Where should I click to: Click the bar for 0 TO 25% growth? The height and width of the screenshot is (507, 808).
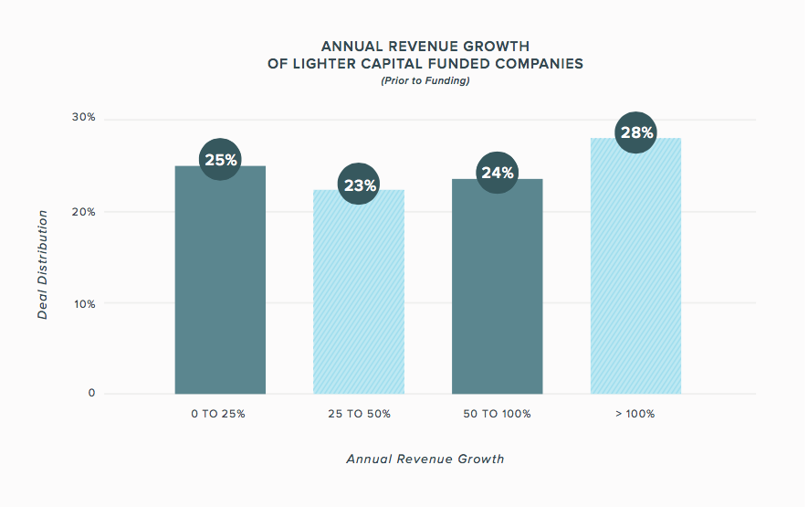(x=220, y=280)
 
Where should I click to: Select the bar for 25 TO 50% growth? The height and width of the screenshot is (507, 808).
(x=359, y=292)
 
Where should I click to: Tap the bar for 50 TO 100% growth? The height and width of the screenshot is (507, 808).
(x=498, y=286)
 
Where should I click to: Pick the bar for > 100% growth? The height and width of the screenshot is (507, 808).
(x=635, y=266)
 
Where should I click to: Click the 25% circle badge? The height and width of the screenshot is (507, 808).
(x=220, y=160)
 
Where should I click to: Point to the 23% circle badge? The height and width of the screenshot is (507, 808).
(x=359, y=185)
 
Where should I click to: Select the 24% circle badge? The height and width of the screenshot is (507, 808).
(x=498, y=173)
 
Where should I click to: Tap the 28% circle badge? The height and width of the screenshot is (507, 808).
(x=635, y=132)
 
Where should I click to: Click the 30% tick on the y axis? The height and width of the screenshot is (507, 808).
(x=83, y=118)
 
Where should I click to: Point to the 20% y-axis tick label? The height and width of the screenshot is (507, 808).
(x=83, y=212)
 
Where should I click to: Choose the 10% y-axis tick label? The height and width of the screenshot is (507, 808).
(x=84, y=304)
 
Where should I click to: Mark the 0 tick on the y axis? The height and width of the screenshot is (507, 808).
(x=91, y=393)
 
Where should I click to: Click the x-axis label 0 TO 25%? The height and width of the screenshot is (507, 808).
(x=218, y=414)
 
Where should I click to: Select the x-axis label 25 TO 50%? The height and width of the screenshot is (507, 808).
(x=359, y=414)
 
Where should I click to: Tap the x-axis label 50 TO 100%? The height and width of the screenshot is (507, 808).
(x=497, y=414)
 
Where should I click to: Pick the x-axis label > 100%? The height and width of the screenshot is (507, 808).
(x=635, y=414)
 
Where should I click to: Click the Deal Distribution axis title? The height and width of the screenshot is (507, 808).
(x=42, y=265)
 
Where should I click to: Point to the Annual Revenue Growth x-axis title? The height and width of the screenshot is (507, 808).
(x=425, y=459)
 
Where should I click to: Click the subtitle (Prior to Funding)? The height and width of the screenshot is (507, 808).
(x=425, y=81)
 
